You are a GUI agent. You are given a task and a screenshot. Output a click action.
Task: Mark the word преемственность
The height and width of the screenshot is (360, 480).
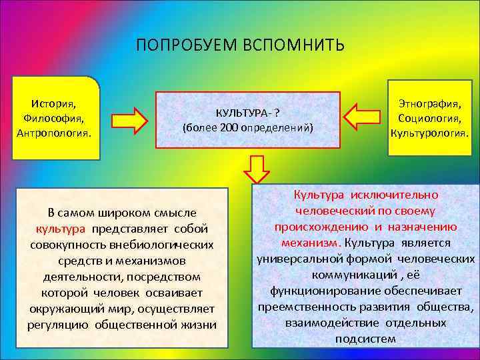point(302,307)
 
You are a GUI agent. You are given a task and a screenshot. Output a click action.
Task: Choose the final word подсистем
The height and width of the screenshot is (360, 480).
point(366,339)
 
